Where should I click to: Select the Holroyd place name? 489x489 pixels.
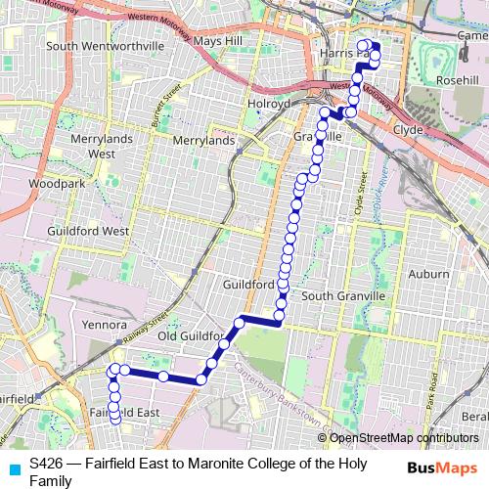click(269, 102)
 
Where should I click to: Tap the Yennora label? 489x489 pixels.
click(105, 324)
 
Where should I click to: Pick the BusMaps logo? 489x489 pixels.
click(442, 467)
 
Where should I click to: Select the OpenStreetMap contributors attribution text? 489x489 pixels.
click(402, 438)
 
